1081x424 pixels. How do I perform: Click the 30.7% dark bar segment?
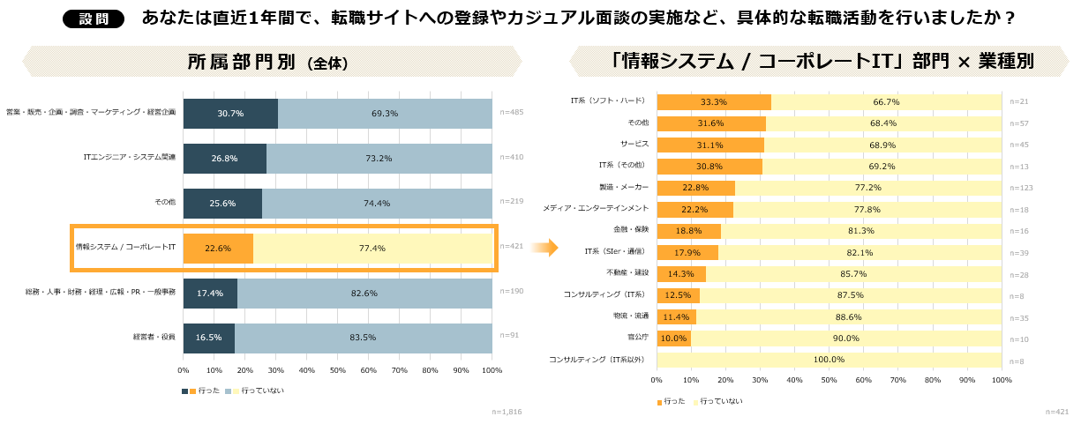point(230,113)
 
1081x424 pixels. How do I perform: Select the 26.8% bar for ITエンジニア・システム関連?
point(225,158)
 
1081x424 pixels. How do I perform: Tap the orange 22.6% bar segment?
point(218,249)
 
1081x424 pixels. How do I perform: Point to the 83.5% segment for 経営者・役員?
point(363,338)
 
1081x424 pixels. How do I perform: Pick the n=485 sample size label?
point(512,113)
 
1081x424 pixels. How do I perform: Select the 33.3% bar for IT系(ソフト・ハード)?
point(713,101)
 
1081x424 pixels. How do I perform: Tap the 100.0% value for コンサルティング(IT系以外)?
point(829,360)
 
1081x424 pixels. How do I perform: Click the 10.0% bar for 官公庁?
point(673,338)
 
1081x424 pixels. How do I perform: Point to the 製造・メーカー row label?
point(624,187)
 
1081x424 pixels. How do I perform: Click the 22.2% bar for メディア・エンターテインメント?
point(694,209)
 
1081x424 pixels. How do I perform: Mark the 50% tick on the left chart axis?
point(337,370)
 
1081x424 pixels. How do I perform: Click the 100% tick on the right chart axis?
point(1002,380)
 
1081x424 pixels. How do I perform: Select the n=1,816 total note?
point(507,412)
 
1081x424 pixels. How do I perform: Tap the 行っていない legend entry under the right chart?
point(720,401)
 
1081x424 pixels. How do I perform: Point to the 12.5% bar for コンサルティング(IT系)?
point(678,295)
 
